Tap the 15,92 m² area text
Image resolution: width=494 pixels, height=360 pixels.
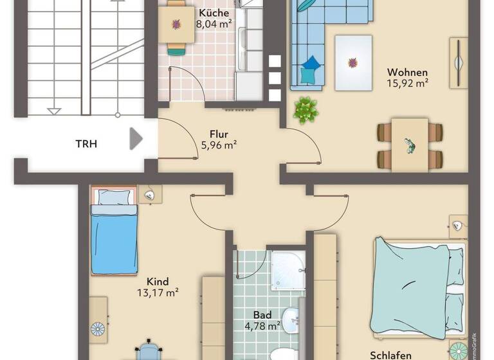(x=408, y=83)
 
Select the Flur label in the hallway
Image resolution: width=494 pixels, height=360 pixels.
(x=219, y=134)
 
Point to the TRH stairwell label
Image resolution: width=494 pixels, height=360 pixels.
(x=86, y=143)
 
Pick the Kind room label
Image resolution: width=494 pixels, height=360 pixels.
(x=158, y=282)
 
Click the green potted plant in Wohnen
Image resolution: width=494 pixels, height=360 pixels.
(x=306, y=109)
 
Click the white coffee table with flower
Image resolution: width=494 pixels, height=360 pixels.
(x=352, y=62)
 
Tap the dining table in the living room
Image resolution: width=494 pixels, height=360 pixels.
(x=410, y=145)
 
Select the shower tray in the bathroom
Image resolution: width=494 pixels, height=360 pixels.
(x=288, y=270)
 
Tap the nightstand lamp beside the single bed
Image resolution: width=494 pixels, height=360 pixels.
(x=150, y=194)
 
